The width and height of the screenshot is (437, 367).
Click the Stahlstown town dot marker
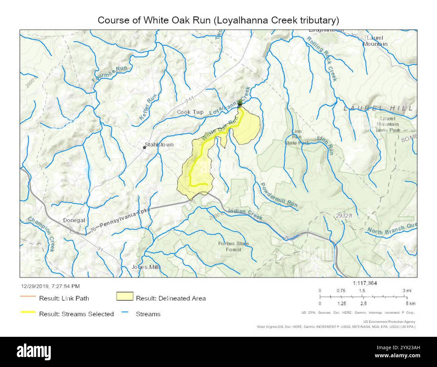(x=144, y=147)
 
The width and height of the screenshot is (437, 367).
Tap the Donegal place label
(x=74, y=220)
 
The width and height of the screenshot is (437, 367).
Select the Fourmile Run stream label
(x=110, y=74)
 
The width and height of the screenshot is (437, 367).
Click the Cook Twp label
(x=190, y=112)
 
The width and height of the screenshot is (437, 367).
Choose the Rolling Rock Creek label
(x=321, y=58)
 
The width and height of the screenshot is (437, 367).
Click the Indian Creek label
(x=245, y=214)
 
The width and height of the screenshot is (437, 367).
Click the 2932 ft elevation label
(x=344, y=216)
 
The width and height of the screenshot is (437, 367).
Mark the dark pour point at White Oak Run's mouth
(x=240, y=103)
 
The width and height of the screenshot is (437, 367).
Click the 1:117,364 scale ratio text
(x=365, y=283)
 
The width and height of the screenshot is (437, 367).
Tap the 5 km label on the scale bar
(x=410, y=304)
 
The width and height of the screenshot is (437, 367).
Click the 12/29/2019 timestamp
(x=50, y=286)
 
